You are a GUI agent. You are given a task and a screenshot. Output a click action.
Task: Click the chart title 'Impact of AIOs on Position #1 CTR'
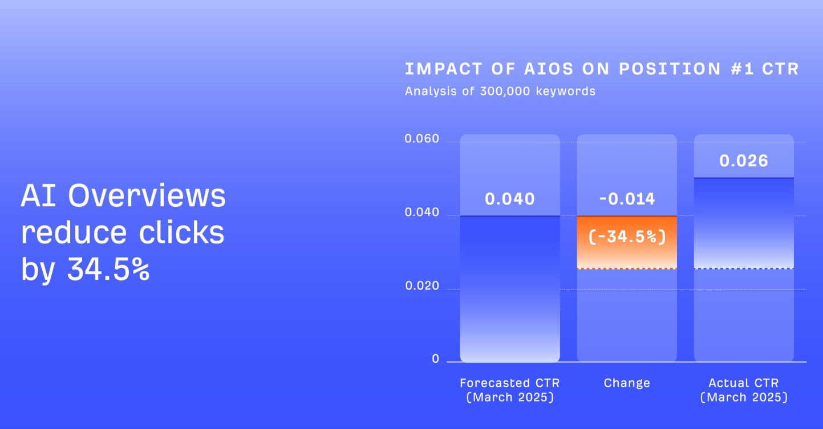click(602, 69)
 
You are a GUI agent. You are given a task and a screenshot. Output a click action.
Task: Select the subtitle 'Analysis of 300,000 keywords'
click(500, 91)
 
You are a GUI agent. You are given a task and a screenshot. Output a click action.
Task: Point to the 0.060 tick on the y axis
click(422, 139)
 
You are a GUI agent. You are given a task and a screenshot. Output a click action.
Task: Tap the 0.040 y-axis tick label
click(422, 213)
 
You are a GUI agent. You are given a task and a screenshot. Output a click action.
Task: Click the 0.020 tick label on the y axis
click(422, 286)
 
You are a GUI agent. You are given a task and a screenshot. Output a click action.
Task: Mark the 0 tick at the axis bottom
click(435, 359)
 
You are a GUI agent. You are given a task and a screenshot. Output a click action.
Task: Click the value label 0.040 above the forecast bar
click(510, 199)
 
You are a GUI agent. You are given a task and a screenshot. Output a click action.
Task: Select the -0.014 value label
click(627, 199)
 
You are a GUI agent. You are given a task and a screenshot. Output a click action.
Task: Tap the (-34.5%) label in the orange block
click(627, 236)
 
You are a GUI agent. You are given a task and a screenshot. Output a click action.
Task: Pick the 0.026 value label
click(744, 161)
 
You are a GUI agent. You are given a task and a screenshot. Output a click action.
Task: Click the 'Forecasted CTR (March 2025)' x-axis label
click(510, 390)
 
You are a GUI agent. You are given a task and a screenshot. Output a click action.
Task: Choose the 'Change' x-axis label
click(627, 383)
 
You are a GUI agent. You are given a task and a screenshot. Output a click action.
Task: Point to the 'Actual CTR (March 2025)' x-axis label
click(744, 390)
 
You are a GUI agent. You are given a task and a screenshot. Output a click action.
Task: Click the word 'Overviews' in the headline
click(147, 195)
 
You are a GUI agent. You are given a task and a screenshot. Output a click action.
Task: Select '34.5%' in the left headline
click(108, 269)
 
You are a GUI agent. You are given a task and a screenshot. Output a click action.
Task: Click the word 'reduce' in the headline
click(74, 233)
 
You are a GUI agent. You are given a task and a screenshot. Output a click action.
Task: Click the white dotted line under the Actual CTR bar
click(744, 268)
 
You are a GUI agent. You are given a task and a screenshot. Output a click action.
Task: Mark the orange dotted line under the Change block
click(627, 268)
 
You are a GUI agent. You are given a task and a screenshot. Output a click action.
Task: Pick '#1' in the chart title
click(742, 69)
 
